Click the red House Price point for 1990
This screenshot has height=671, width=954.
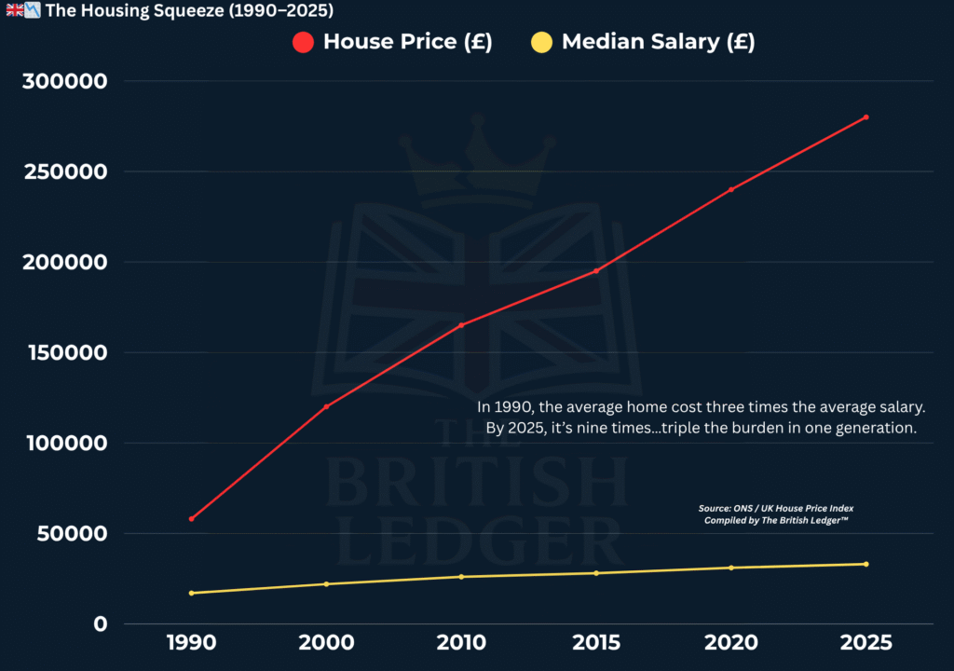click(191, 519)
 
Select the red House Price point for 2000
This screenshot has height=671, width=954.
click(326, 406)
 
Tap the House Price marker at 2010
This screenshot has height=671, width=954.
click(461, 325)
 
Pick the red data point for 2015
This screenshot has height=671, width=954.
click(596, 271)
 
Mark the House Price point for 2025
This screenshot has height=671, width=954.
click(865, 117)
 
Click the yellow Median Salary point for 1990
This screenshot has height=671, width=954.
click(191, 593)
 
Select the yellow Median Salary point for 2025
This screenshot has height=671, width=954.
click(865, 564)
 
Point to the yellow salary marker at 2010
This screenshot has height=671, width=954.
click(461, 577)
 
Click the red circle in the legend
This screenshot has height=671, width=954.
click(304, 42)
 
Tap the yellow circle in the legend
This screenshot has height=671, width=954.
click(541, 42)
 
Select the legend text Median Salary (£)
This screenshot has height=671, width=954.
click(658, 42)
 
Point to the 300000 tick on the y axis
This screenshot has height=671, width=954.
click(65, 82)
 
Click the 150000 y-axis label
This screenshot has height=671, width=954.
click(65, 353)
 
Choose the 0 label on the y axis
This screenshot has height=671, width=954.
click(101, 624)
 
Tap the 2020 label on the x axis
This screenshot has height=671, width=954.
click(731, 643)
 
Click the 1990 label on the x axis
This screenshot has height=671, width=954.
click(191, 643)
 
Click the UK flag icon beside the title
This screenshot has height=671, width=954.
click(14, 11)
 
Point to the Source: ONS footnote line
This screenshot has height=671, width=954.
click(776, 509)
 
